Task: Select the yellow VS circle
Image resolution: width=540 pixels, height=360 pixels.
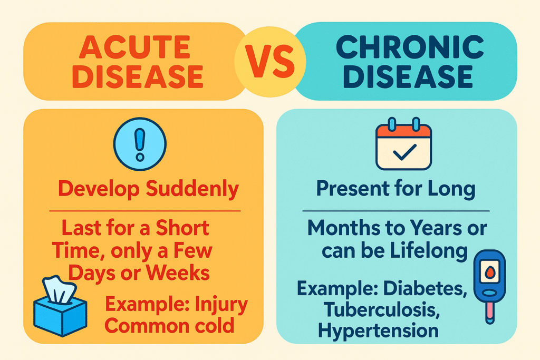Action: tap(269, 63)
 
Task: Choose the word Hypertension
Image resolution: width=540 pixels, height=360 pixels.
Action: tap(379, 330)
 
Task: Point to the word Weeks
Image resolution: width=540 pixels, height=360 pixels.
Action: tap(185, 274)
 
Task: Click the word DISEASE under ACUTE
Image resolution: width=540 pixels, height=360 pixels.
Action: tap(137, 76)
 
